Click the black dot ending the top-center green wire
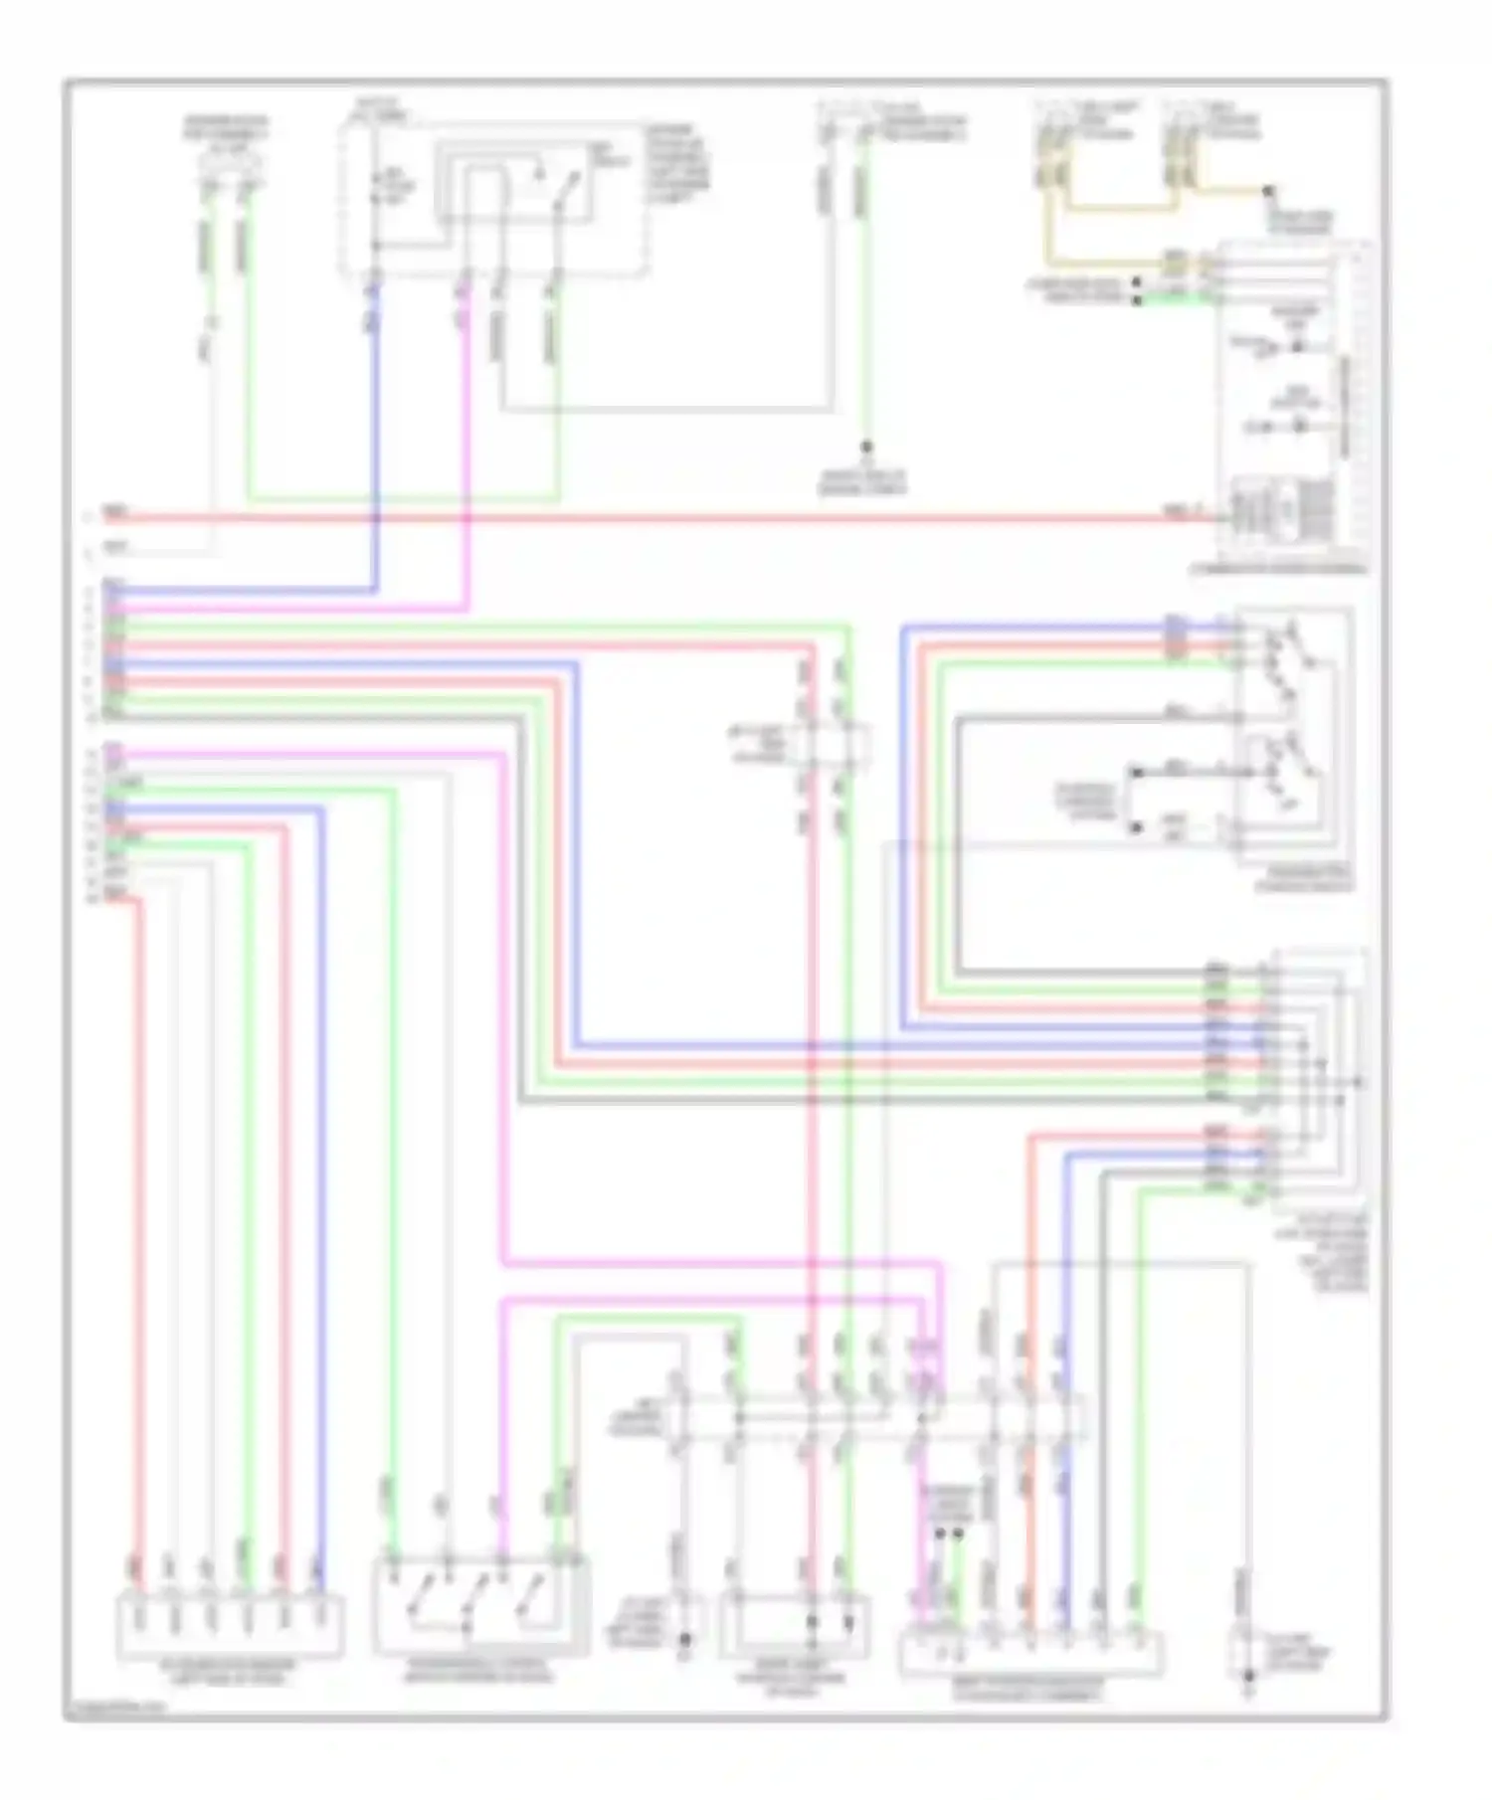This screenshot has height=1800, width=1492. coord(866,449)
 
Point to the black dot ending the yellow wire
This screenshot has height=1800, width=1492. coord(1267,190)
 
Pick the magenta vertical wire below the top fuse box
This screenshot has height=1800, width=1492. coord(466,448)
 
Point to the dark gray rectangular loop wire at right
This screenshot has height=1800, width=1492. coord(960,845)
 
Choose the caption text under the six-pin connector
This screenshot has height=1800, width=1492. coord(231,1673)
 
